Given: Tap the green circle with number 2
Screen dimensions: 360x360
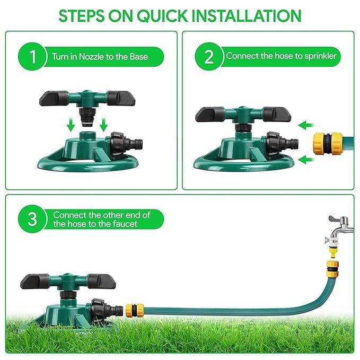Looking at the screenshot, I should pyautogui.click(x=207, y=57).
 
